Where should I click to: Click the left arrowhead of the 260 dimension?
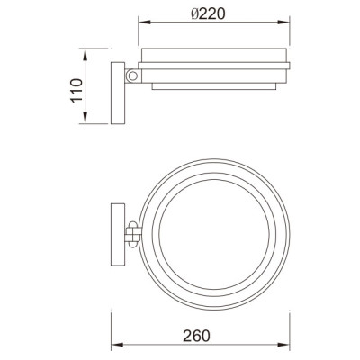pos(116,346)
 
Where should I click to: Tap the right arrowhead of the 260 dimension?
pos(290,346)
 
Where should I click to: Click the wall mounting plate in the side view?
pos(117,92)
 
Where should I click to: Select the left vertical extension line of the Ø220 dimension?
pos(140,34)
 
